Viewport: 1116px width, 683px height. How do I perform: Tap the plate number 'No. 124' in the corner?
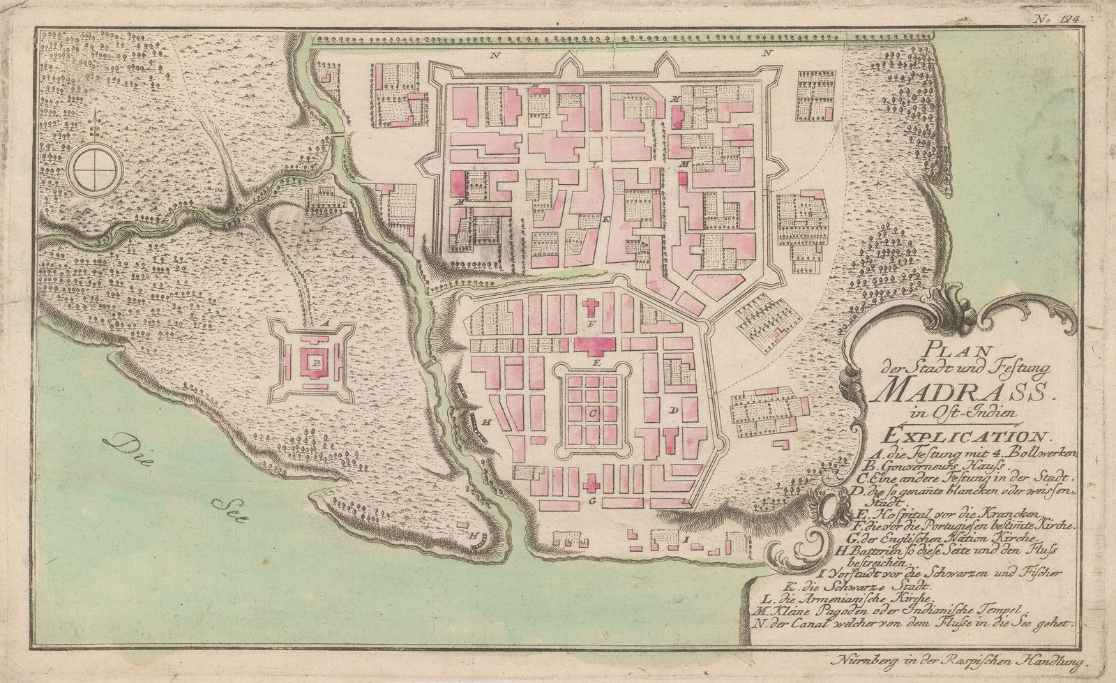pos(1064,21)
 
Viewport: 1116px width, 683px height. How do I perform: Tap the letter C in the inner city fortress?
pos(591,412)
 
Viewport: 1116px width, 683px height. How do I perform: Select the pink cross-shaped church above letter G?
pos(592,483)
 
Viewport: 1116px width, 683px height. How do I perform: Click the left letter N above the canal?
pos(493,54)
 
